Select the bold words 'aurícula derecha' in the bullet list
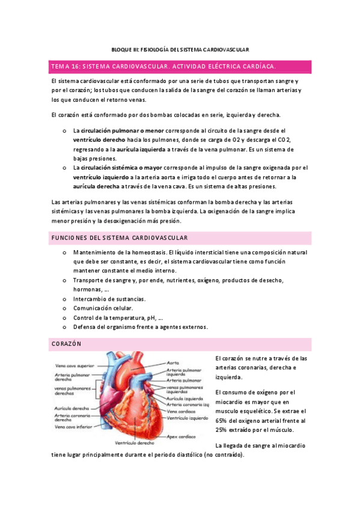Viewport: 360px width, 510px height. [99, 187]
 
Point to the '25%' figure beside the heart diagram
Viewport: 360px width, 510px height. [221, 431]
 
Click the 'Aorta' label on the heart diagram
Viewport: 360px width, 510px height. [174, 363]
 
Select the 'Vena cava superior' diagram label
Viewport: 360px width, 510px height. [74, 365]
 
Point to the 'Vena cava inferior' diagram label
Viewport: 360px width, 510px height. [73, 426]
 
